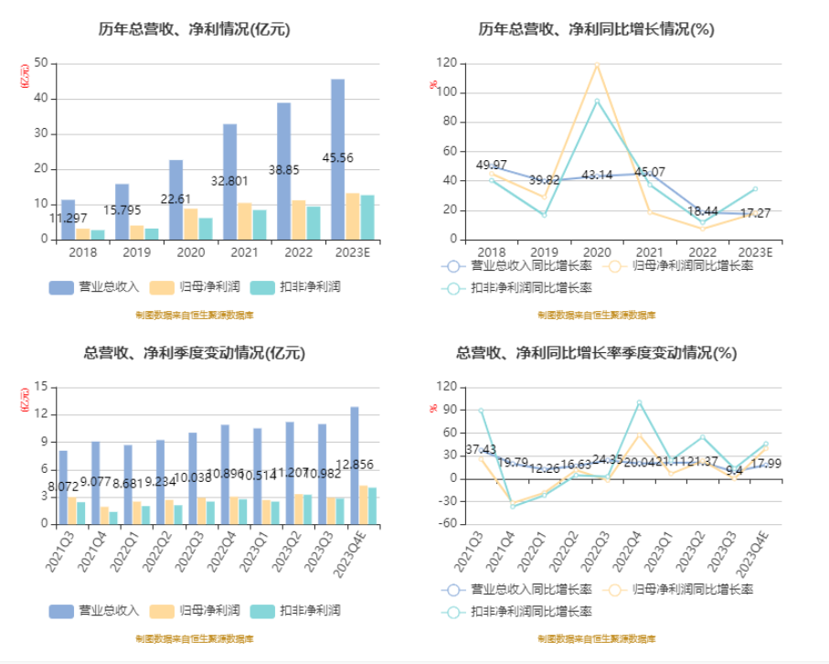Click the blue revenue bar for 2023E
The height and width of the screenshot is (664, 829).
click(x=338, y=159)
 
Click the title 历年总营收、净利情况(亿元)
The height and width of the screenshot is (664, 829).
click(x=195, y=29)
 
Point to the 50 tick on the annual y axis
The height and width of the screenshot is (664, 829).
click(x=39, y=63)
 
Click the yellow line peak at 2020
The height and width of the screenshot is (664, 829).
click(x=597, y=65)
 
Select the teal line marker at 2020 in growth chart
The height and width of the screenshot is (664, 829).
click(x=597, y=102)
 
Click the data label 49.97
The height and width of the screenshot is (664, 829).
click(x=492, y=166)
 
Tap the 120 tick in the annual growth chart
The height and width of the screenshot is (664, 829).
click(x=446, y=63)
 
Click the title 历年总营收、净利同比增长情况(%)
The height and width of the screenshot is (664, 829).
click(x=597, y=29)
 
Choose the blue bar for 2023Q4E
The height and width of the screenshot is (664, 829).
click(x=354, y=466)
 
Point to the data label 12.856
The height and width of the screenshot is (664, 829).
click(x=354, y=465)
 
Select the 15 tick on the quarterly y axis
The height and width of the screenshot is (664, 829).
click(x=39, y=387)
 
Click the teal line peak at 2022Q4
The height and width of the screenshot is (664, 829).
click(x=640, y=402)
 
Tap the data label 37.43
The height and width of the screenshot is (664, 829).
click(x=481, y=449)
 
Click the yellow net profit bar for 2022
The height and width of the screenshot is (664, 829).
click(x=298, y=220)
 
